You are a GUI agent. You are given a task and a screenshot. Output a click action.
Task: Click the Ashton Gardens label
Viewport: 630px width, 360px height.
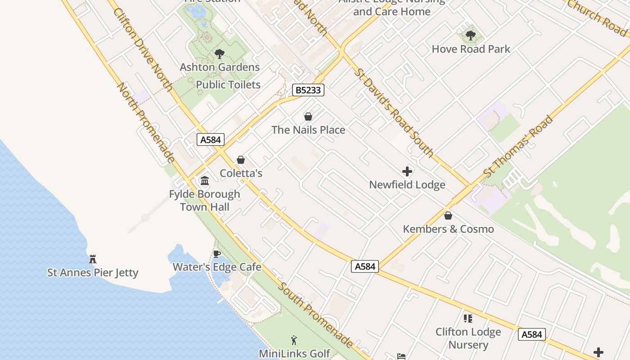pos(220,67)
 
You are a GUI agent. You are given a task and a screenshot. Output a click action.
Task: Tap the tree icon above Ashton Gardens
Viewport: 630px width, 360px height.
pos(220,54)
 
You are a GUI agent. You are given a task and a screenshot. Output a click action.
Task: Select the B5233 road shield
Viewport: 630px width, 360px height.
pos(308,90)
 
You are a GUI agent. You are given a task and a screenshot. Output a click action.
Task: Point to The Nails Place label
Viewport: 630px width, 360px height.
pos(308,130)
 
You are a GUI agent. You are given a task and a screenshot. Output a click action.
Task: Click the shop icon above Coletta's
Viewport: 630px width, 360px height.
pos(241,160)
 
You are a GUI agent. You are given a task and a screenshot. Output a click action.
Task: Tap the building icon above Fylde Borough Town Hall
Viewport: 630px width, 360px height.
pos(205,181)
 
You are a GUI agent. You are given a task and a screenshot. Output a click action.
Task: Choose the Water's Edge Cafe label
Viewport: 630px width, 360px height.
pos(217,267)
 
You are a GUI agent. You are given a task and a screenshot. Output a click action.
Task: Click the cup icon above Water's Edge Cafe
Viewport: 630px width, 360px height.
pos(216,254)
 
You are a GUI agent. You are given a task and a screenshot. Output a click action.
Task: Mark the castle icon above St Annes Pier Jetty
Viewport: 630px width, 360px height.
pos(93,259)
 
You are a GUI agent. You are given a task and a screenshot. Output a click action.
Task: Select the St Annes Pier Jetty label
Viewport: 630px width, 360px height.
pos(93,273)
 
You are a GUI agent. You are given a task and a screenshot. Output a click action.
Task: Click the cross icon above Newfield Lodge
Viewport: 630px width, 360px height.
pos(407,171)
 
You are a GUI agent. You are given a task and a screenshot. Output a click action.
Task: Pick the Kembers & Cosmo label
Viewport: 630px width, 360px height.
pos(448,229)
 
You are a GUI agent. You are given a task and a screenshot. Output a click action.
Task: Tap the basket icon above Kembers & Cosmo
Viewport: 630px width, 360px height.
pos(448,216)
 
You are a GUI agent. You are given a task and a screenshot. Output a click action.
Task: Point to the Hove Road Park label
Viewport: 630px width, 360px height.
pos(471,49)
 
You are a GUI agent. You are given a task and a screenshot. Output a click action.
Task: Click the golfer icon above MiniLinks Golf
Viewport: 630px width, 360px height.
pos(294,340)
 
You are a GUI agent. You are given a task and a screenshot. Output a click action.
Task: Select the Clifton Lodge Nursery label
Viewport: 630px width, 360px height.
pos(468,338)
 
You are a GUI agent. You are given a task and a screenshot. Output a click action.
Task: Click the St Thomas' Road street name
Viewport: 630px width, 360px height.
pos(518,146)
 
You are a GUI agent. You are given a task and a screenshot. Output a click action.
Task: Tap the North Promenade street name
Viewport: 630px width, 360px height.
pos(145,122)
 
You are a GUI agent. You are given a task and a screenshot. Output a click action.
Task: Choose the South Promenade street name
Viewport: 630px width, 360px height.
pos(315,315)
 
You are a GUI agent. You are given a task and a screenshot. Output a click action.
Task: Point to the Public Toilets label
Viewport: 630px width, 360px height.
pos(228,85)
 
